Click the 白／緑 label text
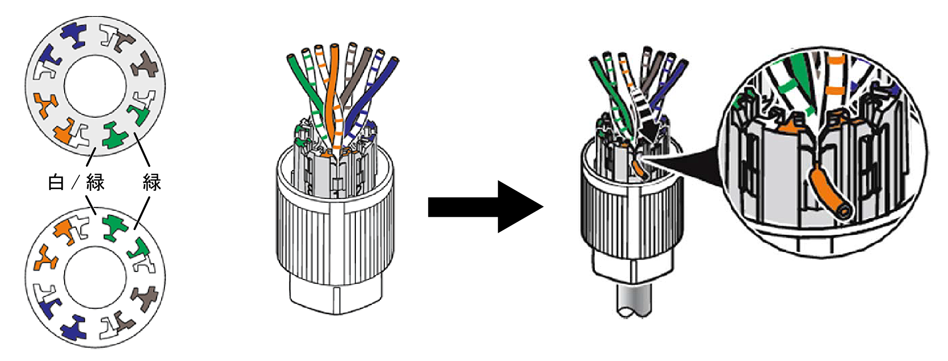pos(76,182)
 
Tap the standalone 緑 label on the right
pos(152,182)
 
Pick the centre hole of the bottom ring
pos(96,278)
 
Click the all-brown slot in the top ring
pos(145,66)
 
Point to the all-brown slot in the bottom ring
pos(145,298)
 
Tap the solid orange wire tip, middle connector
pos(335,47)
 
